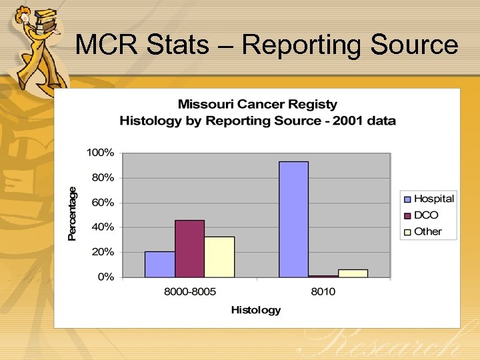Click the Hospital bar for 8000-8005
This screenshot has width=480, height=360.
tap(160, 264)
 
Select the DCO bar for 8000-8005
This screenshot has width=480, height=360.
tap(189, 249)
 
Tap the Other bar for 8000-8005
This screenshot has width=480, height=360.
tap(219, 257)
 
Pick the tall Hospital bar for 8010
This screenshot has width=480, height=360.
tap(293, 219)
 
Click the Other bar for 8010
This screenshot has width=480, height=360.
tap(353, 273)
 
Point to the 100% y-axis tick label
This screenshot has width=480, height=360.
tap(101, 153)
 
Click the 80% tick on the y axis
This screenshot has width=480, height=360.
tap(103, 178)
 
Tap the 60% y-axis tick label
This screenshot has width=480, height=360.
tap(103, 203)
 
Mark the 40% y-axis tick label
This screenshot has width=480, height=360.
tap(103, 227)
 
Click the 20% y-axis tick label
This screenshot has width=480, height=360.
tap(103, 252)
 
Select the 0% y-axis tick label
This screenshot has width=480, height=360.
tap(105, 277)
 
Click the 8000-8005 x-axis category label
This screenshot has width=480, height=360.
tap(189, 292)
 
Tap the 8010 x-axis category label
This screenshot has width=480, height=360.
tap(323, 292)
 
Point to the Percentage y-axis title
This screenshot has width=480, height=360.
tap(73, 213)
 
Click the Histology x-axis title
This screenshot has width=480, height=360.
tap(256, 310)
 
